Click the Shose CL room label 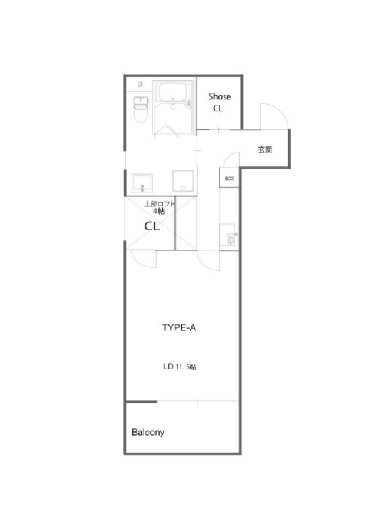219,102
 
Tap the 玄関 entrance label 265,149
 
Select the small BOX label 230,179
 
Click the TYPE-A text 179,327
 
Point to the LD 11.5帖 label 180,367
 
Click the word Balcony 148,432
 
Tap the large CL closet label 152,226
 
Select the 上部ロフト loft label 160,204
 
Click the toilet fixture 141,109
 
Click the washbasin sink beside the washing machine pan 142,183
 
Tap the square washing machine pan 183,181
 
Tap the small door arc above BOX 228,156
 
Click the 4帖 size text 159,212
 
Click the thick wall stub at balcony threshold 141,401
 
